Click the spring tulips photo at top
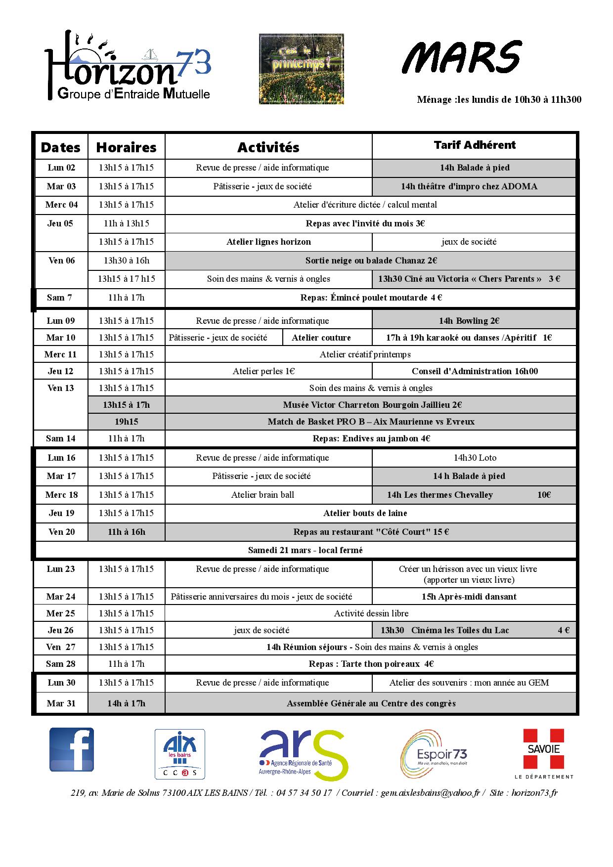pyautogui.click(x=301, y=69)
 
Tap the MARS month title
pyautogui.click(x=461, y=57)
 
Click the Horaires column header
pyautogui.click(x=126, y=147)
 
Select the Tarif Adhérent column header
pyautogui.click(x=474, y=145)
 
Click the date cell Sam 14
pyautogui.click(x=61, y=438)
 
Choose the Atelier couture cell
pyautogui.click(x=321, y=338)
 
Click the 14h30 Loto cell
pyautogui.click(x=475, y=458)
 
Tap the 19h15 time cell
pyautogui.click(x=126, y=422)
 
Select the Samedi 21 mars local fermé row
pyautogui.click(x=305, y=550)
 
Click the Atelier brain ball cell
pyautogui.click(x=263, y=495)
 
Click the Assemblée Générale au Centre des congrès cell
pyautogui.click(x=371, y=703)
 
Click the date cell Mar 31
pyautogui.click(x=61, y=703)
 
